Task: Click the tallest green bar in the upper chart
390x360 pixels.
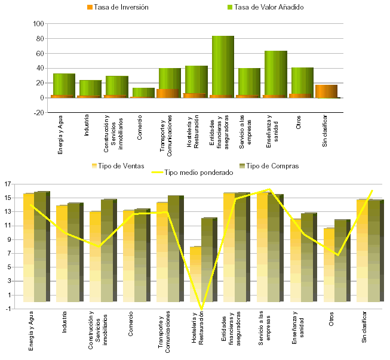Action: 223,66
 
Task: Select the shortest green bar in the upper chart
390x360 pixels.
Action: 143,92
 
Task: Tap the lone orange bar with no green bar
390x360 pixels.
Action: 326,91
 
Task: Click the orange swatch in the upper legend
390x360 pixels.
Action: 90,7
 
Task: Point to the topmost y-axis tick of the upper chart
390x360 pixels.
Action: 41,24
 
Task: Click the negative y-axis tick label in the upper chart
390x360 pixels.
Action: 41,112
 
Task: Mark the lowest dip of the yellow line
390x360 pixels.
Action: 201,309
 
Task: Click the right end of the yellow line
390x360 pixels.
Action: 373,190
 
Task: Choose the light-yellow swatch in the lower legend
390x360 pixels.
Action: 94,165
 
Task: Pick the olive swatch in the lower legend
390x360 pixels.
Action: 242,165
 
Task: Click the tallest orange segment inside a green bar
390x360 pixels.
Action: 168,93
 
